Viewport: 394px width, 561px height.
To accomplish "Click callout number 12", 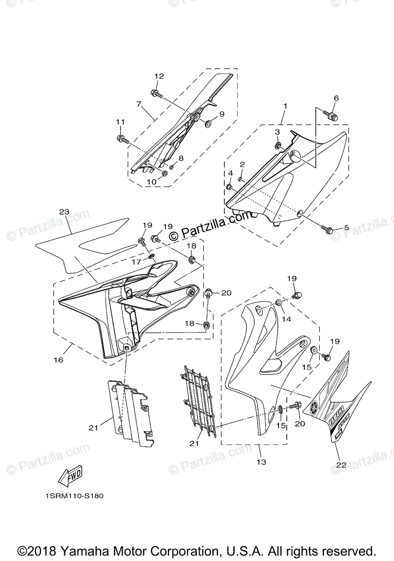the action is pyautogui.click(x=159, y=76).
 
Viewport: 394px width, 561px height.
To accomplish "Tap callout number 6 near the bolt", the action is pyautogui.click(x=336, y=98).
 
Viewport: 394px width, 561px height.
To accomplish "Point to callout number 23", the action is pyautogui.click(x=64, y=212).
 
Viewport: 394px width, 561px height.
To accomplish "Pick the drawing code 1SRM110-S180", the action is pyautogui.click(x=74, y=496).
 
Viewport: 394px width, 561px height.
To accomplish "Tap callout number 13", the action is pyautogui.click(x=261, y=462).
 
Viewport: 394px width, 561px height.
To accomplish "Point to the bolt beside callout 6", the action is pyautogui.click(x=330, y=115).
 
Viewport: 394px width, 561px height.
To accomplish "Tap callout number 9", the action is pyautogui.click(x=222, y=114).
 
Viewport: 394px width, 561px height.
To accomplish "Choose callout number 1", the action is pyautogui.click(x=285, y=106).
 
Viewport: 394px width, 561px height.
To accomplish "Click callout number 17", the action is pyautogui.click(x=136, y=262).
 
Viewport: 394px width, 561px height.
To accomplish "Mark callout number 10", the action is pyautogui.click(x=151, y=181).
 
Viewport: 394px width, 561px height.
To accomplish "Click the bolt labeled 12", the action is pyautogui.click(x=156, y=93).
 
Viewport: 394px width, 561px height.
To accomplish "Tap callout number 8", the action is pyautogui.click(x=181, y=158).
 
